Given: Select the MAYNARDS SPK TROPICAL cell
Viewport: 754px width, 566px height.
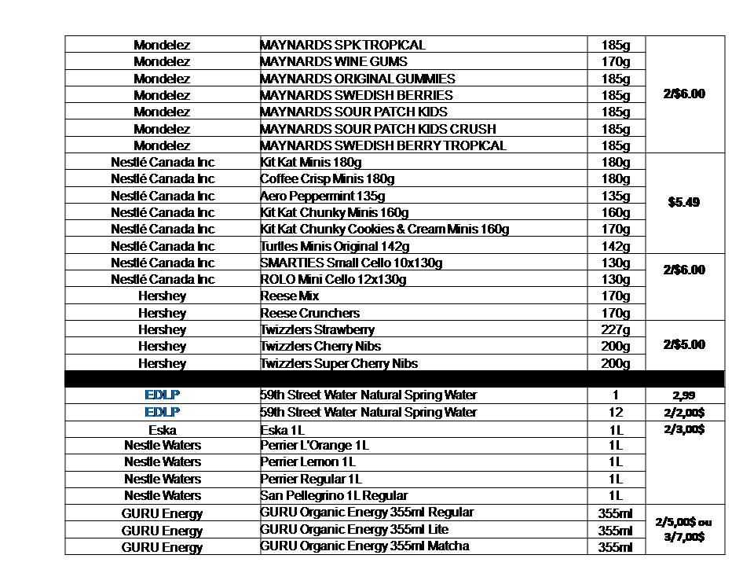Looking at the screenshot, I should click(x=342, y=45).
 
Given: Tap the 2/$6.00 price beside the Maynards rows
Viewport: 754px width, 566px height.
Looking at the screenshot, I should click(x=684, y=94).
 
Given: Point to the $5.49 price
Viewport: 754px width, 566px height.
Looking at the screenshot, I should click(x=684, y=202).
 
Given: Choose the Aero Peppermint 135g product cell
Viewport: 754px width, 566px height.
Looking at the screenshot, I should click(x=323, y=196).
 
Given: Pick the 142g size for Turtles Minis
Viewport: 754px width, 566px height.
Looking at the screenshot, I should click(x=616, y=246).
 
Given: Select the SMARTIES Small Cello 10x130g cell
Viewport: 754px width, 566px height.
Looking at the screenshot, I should click(x=351, y=263).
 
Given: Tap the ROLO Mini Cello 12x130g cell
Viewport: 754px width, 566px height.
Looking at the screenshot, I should click(x=334, y=279).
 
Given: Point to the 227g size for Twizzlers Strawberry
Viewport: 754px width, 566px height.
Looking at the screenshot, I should click(x=616, y=329).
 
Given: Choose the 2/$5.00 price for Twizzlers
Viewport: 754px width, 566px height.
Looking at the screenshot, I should click(x=684, y=344).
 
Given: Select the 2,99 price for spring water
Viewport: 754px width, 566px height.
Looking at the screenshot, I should click(x=684, y=395).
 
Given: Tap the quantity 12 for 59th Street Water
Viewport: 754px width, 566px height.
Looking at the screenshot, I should click(x=616, y=412).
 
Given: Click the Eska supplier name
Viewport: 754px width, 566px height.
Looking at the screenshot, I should click(x=162, y=430).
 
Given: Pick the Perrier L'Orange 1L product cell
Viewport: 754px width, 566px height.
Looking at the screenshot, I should click(x=314, y=445).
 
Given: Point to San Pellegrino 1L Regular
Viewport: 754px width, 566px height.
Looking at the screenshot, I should click(x=334, y=495).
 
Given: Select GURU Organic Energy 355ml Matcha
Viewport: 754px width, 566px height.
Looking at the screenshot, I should click(x=364, y=546).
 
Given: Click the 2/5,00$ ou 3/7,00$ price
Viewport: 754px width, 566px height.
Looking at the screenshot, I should click(x=684, y=529).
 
